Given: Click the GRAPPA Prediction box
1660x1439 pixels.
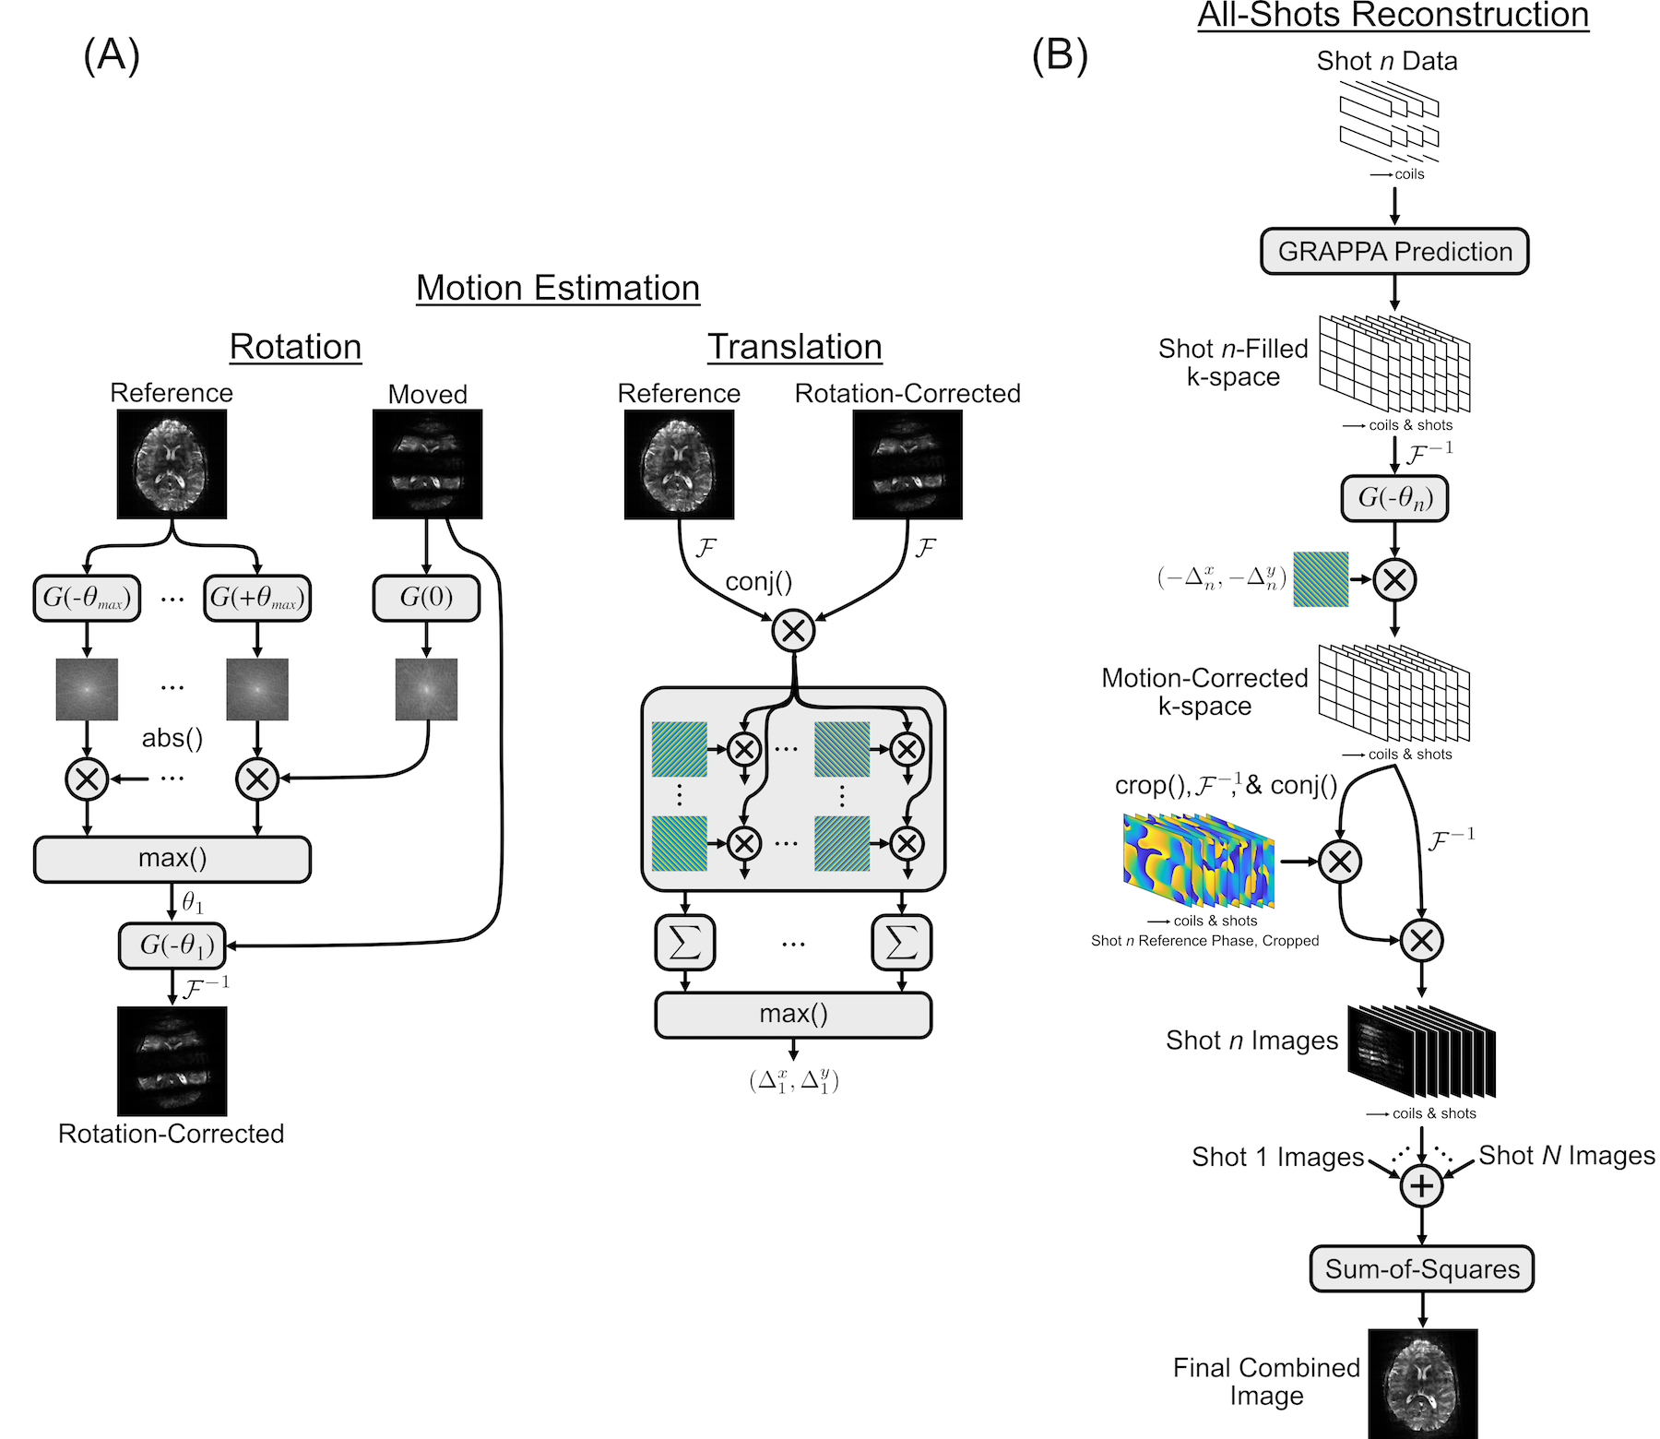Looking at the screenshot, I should coord(1394,252).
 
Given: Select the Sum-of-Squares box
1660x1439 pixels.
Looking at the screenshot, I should coord(1421,1269).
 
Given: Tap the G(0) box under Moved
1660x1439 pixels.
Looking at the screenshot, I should coord(426,599).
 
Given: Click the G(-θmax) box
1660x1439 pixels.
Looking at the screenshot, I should coord(87,599).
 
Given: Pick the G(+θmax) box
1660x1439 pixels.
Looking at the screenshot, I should coord(257,599).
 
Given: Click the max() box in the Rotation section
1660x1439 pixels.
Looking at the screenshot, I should coord(172,859).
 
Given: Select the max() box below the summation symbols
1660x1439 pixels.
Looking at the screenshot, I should coord(793,1015).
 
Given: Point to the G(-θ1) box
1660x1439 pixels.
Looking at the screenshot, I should coord(172,945).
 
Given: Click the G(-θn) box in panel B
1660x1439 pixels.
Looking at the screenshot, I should coord(1394,499).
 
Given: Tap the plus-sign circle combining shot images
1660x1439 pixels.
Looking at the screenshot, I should coord(1421,1185).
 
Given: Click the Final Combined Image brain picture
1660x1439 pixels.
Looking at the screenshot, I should coord(1422,1383).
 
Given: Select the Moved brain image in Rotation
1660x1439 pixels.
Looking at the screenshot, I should coord(427,464).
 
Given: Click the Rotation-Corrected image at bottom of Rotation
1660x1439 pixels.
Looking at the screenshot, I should coord(172,1061).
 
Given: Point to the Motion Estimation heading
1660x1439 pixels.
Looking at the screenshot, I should coord(558,288).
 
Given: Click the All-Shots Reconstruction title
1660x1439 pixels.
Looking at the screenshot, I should coord(1393,16).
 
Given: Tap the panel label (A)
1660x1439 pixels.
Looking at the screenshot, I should coord(112,55).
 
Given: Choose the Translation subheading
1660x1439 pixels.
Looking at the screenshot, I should coord(794,347).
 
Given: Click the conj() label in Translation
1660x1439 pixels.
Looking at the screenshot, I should coord(759,582).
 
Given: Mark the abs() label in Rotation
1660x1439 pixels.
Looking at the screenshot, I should coord(172,738).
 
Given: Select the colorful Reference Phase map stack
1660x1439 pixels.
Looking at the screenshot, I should coord(1198,861).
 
